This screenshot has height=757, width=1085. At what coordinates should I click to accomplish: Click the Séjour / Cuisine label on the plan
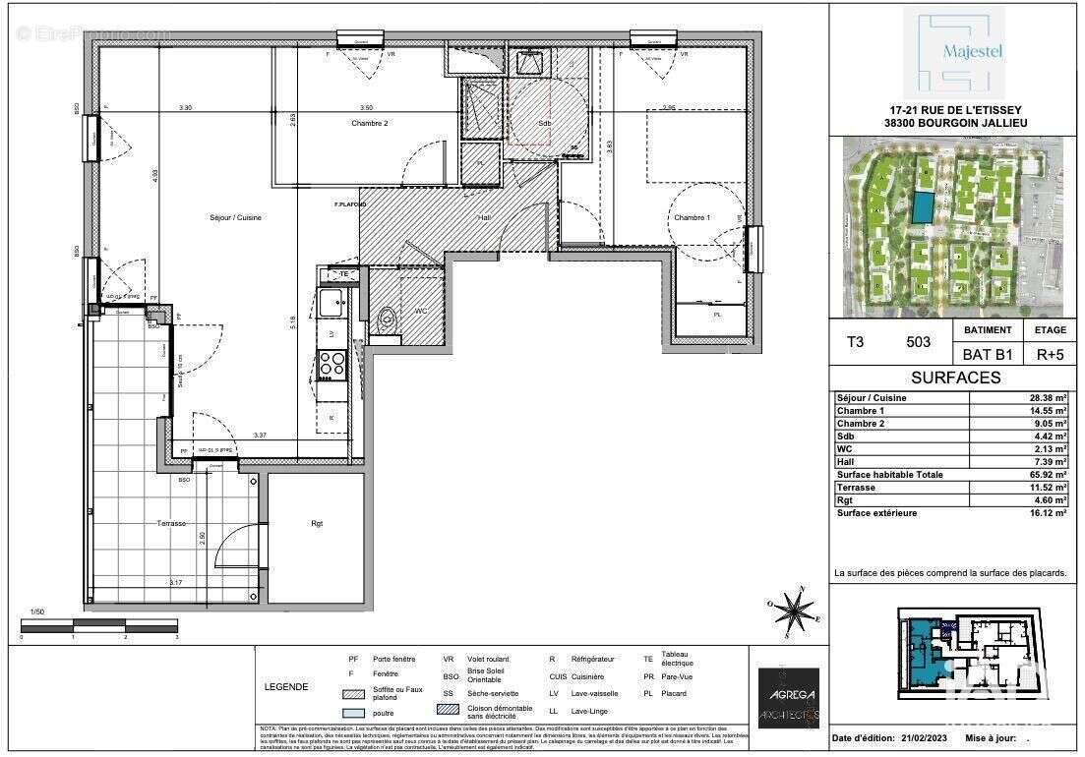pyautogui.click(x=235, y=217)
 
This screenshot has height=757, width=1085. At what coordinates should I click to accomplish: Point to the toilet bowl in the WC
pyautogui.click(x=387, y=317)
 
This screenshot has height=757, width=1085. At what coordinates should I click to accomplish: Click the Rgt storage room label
pyautogui.click(x=317, y=524)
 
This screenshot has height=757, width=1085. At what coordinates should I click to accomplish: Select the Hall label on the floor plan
pyautogui.click(x=484, y=217)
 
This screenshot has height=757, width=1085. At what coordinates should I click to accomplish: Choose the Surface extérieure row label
pyautogui.click(x=876, y=513)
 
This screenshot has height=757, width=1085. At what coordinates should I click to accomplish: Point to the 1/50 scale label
pyautogui.click(x=37, y=611)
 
